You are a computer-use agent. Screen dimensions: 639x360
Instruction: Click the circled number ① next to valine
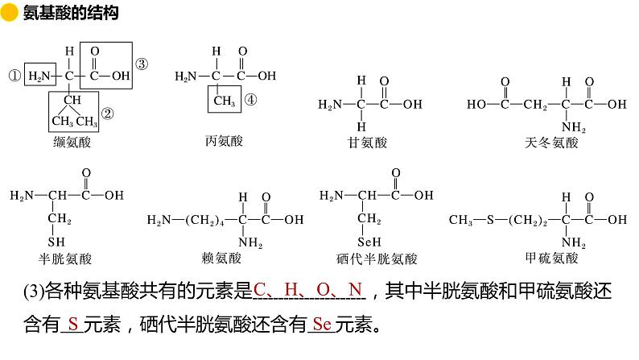click(14, 77)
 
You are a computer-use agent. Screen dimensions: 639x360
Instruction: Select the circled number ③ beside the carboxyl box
click(141, 64)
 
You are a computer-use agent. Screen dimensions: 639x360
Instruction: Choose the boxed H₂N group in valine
click(39, 77)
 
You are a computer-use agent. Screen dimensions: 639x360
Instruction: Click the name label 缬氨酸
click(72, 143)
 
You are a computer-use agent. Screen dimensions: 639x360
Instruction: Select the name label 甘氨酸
click(368, 143)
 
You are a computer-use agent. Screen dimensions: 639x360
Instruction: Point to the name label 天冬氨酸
click(550, 143)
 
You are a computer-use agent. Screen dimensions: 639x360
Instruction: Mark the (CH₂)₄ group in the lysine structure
click(208, 218)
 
